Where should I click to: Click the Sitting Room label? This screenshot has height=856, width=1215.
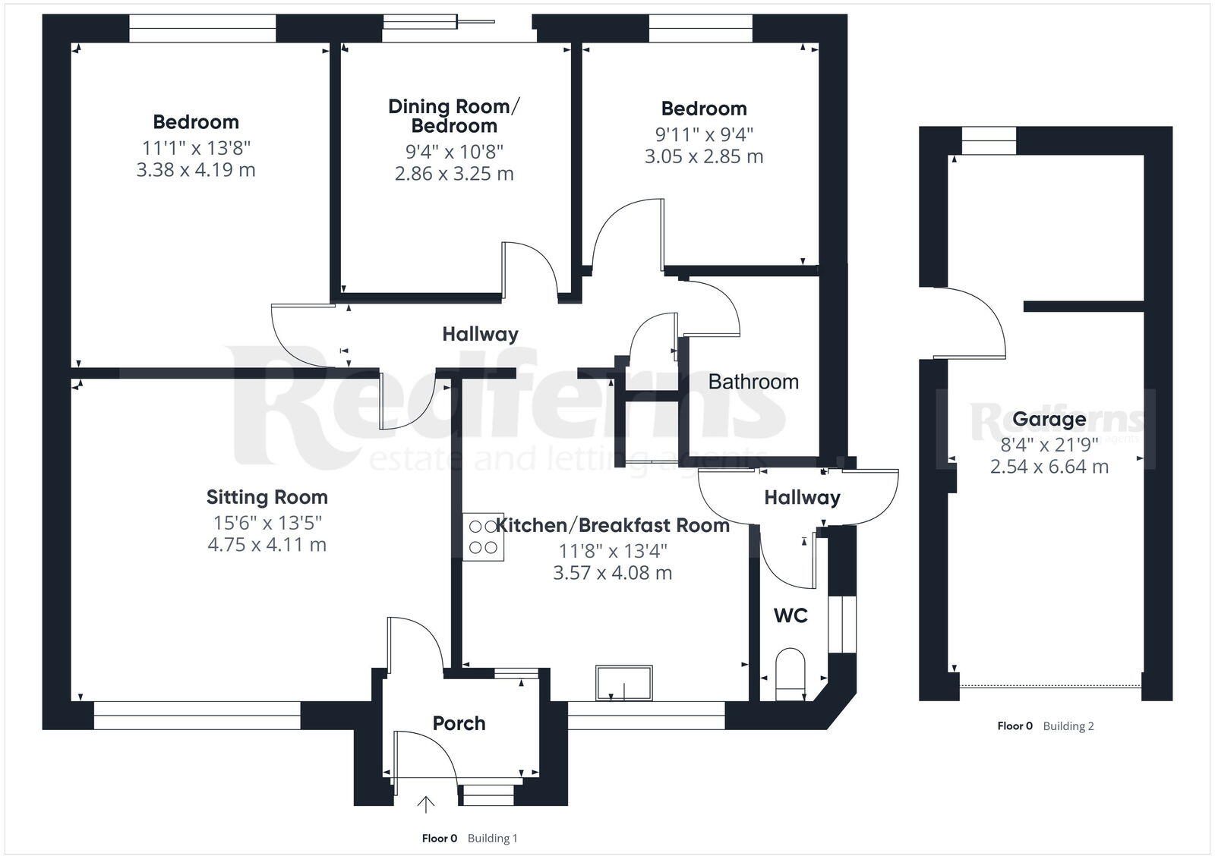tap(267, 497)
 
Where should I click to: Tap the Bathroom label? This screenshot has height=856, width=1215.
tap(753, 381)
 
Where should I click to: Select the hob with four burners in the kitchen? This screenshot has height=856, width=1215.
tap(483, 537)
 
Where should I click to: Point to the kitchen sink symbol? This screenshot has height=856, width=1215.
tap(624, 683)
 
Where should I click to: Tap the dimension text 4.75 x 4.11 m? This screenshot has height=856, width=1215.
tap(267, 544)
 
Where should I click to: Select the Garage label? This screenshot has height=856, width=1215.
tap(1049, 419)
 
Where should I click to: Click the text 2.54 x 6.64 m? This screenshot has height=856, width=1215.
tap(1049, 466)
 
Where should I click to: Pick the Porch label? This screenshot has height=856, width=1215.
tap(459, 723)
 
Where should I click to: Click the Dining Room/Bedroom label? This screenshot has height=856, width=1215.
tap(454, 115)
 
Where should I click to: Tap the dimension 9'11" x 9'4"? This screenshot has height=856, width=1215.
tap(704, 134)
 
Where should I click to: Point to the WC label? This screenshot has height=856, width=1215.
tap(791, 615)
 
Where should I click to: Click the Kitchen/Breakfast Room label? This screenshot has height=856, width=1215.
tap(613, 525)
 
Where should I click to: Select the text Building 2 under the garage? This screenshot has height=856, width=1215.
tap(1068, 725)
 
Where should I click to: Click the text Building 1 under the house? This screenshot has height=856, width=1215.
tap(492, 838)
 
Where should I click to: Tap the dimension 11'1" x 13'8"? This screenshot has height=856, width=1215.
tap(196, 146)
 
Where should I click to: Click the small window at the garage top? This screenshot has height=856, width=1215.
tap(989, 140)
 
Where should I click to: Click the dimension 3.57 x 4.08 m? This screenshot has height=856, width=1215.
tap(613, 572)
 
